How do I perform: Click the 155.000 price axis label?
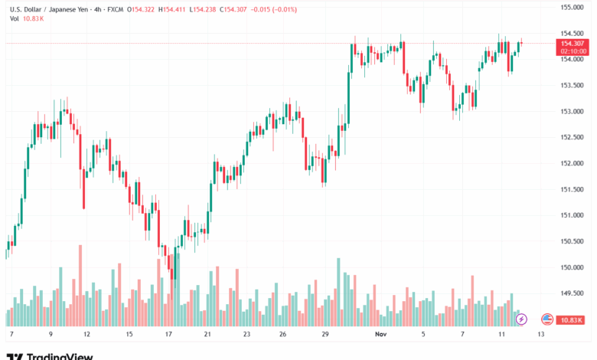tap(573, 7)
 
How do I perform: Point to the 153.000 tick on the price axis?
tap(573, 111)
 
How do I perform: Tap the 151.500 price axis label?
tap(573, 189)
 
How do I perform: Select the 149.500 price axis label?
tap(573, 293)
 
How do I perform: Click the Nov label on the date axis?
tap(380, 335)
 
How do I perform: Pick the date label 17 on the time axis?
tap(168, 335)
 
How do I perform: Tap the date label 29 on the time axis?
tap(326, 335)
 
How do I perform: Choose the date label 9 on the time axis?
tap(51, 335)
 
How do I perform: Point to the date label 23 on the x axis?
tap(247, 335)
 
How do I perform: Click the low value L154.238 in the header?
tap(201, 8)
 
